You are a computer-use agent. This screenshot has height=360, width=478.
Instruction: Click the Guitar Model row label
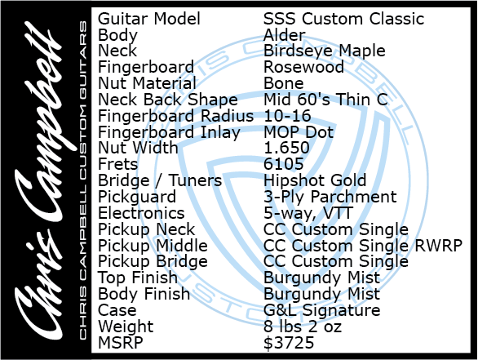pos(149,19)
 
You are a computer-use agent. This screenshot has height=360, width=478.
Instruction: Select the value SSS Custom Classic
pos(343,19)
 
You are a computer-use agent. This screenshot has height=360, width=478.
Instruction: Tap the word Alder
pos(284,35)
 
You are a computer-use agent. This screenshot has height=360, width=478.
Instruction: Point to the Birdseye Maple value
pos(325,51)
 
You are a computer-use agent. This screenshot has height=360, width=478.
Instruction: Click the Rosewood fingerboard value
pos(303,67)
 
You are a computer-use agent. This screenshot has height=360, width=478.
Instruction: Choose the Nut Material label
pos(148,83)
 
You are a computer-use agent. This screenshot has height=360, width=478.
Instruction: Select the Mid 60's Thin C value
pos(325,100)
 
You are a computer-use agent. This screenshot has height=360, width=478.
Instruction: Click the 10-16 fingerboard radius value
pos(287,116)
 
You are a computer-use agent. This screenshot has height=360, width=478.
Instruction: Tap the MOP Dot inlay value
pos(299,132)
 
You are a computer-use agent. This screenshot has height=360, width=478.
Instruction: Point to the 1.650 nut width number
pos(286,148)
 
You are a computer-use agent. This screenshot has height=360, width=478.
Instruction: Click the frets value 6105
pos(284,164)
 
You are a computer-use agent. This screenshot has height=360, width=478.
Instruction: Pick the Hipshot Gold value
pos(315,180)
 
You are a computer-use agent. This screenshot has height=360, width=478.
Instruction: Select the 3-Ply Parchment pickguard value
pos(330,197)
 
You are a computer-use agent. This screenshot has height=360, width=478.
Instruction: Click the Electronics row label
pos(141,213)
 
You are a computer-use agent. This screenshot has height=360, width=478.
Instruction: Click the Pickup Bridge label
pos(153,262)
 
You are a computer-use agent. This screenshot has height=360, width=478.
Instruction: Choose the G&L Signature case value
pos(322,310)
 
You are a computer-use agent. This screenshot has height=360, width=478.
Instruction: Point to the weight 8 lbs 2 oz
pos(303,327)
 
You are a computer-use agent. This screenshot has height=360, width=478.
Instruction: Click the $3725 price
pos(289,343)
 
